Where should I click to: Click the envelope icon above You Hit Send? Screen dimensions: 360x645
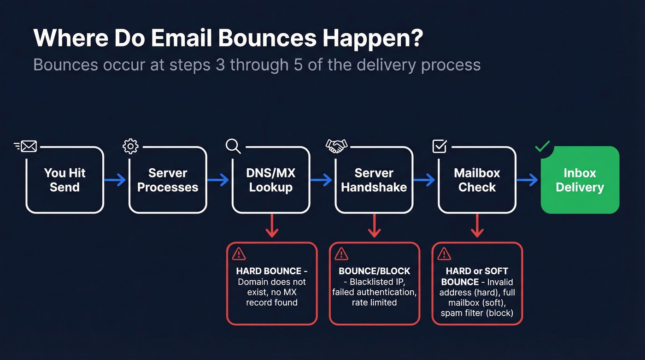(x=27, y=147)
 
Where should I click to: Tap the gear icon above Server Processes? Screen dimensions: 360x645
(x=130, y=147)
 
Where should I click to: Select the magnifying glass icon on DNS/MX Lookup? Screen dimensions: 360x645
(x=233, y=147)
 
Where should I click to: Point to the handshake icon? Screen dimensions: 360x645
(x=336, y=147)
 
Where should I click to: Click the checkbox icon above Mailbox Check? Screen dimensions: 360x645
(x=440, y=147)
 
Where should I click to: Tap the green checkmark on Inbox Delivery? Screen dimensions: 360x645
(x=542, y=147)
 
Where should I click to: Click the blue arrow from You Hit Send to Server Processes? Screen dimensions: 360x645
(x=115, y=180)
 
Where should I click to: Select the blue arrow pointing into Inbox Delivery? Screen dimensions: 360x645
(x=527, y=180)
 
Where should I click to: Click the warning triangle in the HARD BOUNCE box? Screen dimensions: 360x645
(x=239, y=254)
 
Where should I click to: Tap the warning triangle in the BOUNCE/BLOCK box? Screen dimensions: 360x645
(x=341, y=254)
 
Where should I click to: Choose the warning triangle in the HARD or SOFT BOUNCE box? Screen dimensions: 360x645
(x=444, y=254)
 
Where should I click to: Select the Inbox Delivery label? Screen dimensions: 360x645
(x=580, y=180)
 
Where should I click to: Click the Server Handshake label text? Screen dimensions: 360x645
(x=374, y=180)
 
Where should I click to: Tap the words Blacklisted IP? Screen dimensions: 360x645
(x=379, y=282)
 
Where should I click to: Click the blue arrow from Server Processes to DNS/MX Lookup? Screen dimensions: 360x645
(x=218, y=180)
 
